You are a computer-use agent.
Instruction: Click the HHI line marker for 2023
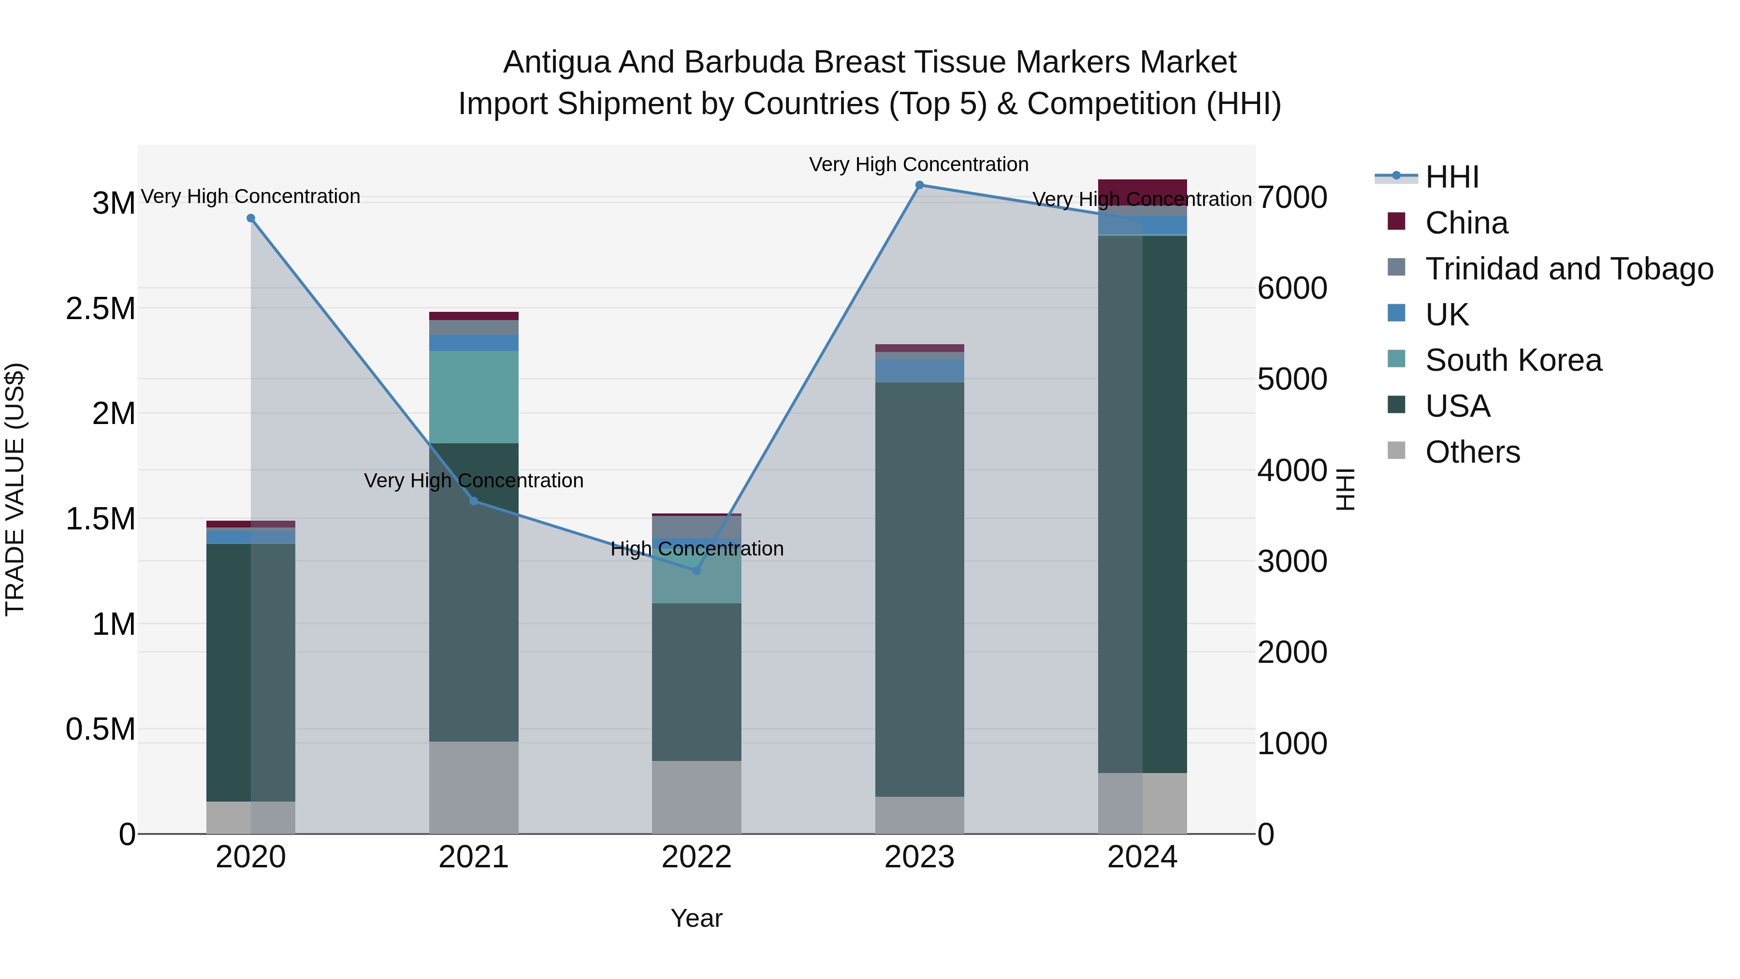[x=919, y=185]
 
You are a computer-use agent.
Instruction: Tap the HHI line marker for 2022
[x=696, y=571]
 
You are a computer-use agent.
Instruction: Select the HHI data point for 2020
[x=250, y=218]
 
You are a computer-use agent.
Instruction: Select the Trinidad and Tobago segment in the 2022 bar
[x=696, y=526]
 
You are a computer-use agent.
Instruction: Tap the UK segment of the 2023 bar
[x=919, y=371]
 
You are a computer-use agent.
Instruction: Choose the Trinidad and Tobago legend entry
[x=1568, y=269]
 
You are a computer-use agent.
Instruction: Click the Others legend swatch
[x=1396, y=451]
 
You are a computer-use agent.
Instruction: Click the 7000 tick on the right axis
[x=1291, y=198]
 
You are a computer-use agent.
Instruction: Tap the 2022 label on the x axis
[x=696, y=857]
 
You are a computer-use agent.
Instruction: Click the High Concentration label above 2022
[x=696, y=549]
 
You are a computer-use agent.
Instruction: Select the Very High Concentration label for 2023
[x=919, y=164]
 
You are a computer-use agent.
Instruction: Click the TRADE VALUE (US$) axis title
[x=15, y=489]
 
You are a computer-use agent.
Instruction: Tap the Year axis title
[x=696, y=918]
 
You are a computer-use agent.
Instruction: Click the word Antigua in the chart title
[x=555, y=62]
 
